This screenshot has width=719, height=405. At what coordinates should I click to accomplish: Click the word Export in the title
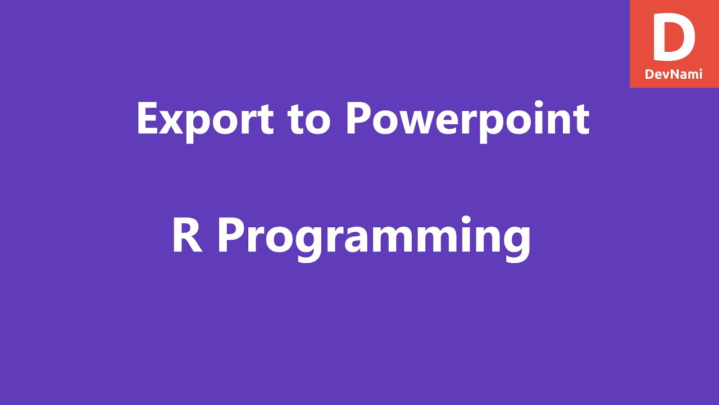click(205, 119)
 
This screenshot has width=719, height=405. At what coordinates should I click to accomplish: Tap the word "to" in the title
click(308, 119)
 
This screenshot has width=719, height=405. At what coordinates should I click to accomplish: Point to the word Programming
click(374, 236)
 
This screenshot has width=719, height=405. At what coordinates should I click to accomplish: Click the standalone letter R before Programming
click(187, 236)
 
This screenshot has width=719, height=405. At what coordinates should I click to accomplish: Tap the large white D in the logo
click(674, 38)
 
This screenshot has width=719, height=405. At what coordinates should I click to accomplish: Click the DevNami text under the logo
click(674, 74)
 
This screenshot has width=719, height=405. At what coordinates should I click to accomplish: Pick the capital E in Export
click(148, 119)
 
